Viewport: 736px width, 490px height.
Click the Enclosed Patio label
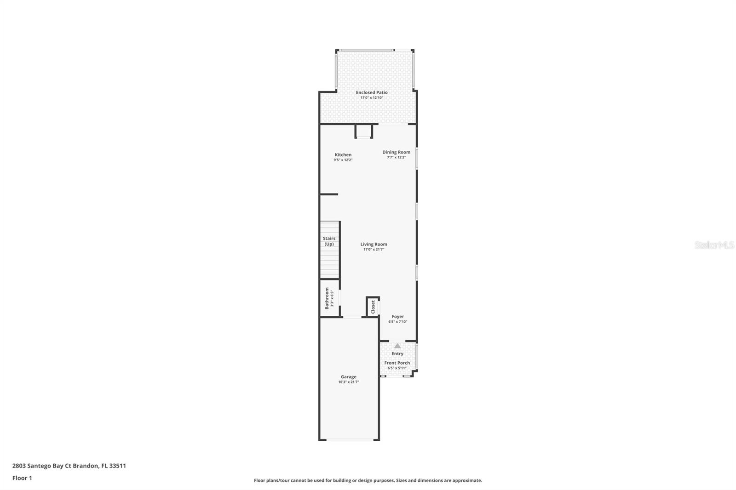coord(372,92)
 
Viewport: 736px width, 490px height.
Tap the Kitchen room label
coord(343,155)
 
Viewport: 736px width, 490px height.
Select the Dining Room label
coord(396,152)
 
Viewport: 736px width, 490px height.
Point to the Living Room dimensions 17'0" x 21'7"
coord(374,250)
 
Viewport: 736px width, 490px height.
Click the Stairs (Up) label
coord(329,241)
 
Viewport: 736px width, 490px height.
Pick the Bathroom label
coord(327,298)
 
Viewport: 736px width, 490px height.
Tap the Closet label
coord(373,307)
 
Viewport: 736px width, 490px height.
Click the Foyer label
coord(398,317)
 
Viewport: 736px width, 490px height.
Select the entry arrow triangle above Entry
coord(397,346)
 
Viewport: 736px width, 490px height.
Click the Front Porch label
coord(397,363)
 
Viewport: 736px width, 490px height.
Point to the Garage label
coord(349,377)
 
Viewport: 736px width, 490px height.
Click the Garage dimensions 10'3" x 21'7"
coord(349,382)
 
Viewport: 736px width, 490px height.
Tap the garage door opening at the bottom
coord(350,440)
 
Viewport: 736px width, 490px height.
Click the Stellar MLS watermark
coord(714,245)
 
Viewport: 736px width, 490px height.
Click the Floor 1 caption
coord(22,478)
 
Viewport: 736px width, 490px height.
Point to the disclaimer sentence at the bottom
coord(368,480)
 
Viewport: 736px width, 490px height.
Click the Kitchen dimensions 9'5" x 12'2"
coord(343,160)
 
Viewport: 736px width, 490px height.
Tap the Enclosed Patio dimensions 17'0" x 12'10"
coord(372,97)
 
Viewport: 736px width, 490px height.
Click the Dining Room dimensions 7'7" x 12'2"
coord(396,157)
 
